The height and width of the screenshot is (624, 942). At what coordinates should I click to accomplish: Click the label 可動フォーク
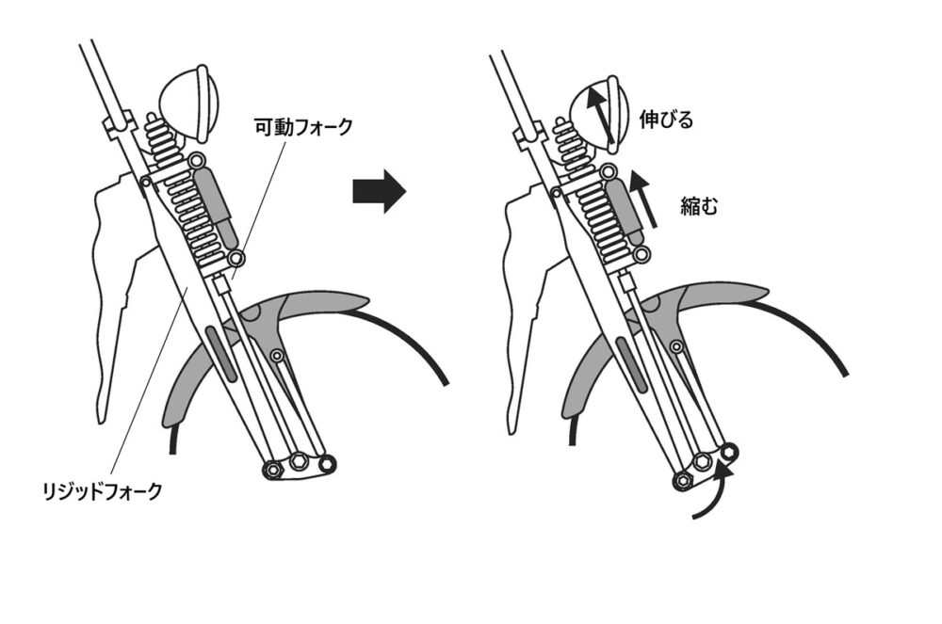(304, 127)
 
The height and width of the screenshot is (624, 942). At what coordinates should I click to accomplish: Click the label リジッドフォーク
(103, 491)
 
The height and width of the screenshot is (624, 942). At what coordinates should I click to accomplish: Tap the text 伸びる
(666, 120)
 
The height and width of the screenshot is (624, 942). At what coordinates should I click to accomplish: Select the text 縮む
(699, 206)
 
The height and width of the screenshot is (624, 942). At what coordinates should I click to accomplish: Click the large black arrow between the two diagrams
(379, 191)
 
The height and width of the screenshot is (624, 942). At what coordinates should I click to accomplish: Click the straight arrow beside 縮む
(644, 198)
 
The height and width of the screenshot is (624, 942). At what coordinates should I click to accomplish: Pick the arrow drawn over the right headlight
(601, 115)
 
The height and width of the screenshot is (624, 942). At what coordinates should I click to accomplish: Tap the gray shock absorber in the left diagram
(216, 202)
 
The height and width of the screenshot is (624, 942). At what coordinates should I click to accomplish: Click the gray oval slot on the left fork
(219, 353)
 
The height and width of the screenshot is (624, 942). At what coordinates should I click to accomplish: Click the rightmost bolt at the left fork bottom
(326, 464)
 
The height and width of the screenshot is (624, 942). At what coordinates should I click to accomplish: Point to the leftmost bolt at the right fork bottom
(682, 480)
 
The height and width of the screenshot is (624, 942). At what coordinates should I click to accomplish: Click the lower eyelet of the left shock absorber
(236, 259)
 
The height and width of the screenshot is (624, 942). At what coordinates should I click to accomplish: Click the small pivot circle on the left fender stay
(278, 356)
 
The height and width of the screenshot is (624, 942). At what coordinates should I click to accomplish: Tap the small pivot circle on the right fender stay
(676, 346)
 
